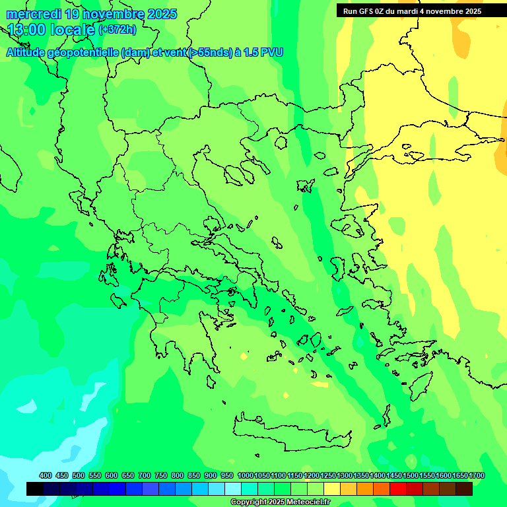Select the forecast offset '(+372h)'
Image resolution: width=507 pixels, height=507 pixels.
(x=117, y=30)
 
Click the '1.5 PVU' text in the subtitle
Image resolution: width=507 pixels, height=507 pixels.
(x=263, y=53)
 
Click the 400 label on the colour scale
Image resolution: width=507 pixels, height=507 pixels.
(x=46, y=476)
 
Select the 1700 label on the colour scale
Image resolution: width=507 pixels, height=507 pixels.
(x=477, y=476)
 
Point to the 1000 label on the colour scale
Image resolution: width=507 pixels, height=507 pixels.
(x=245, y=476)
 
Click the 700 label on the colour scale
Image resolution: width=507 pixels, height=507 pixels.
(x=145, y=476)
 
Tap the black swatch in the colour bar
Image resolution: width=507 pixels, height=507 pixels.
(x=35, y=489)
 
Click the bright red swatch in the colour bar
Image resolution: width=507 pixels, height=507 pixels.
(x=398, y=489)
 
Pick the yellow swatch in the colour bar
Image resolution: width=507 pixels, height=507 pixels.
(x=332, y=489)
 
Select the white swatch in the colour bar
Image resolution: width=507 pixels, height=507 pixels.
(x=233, y=489)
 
